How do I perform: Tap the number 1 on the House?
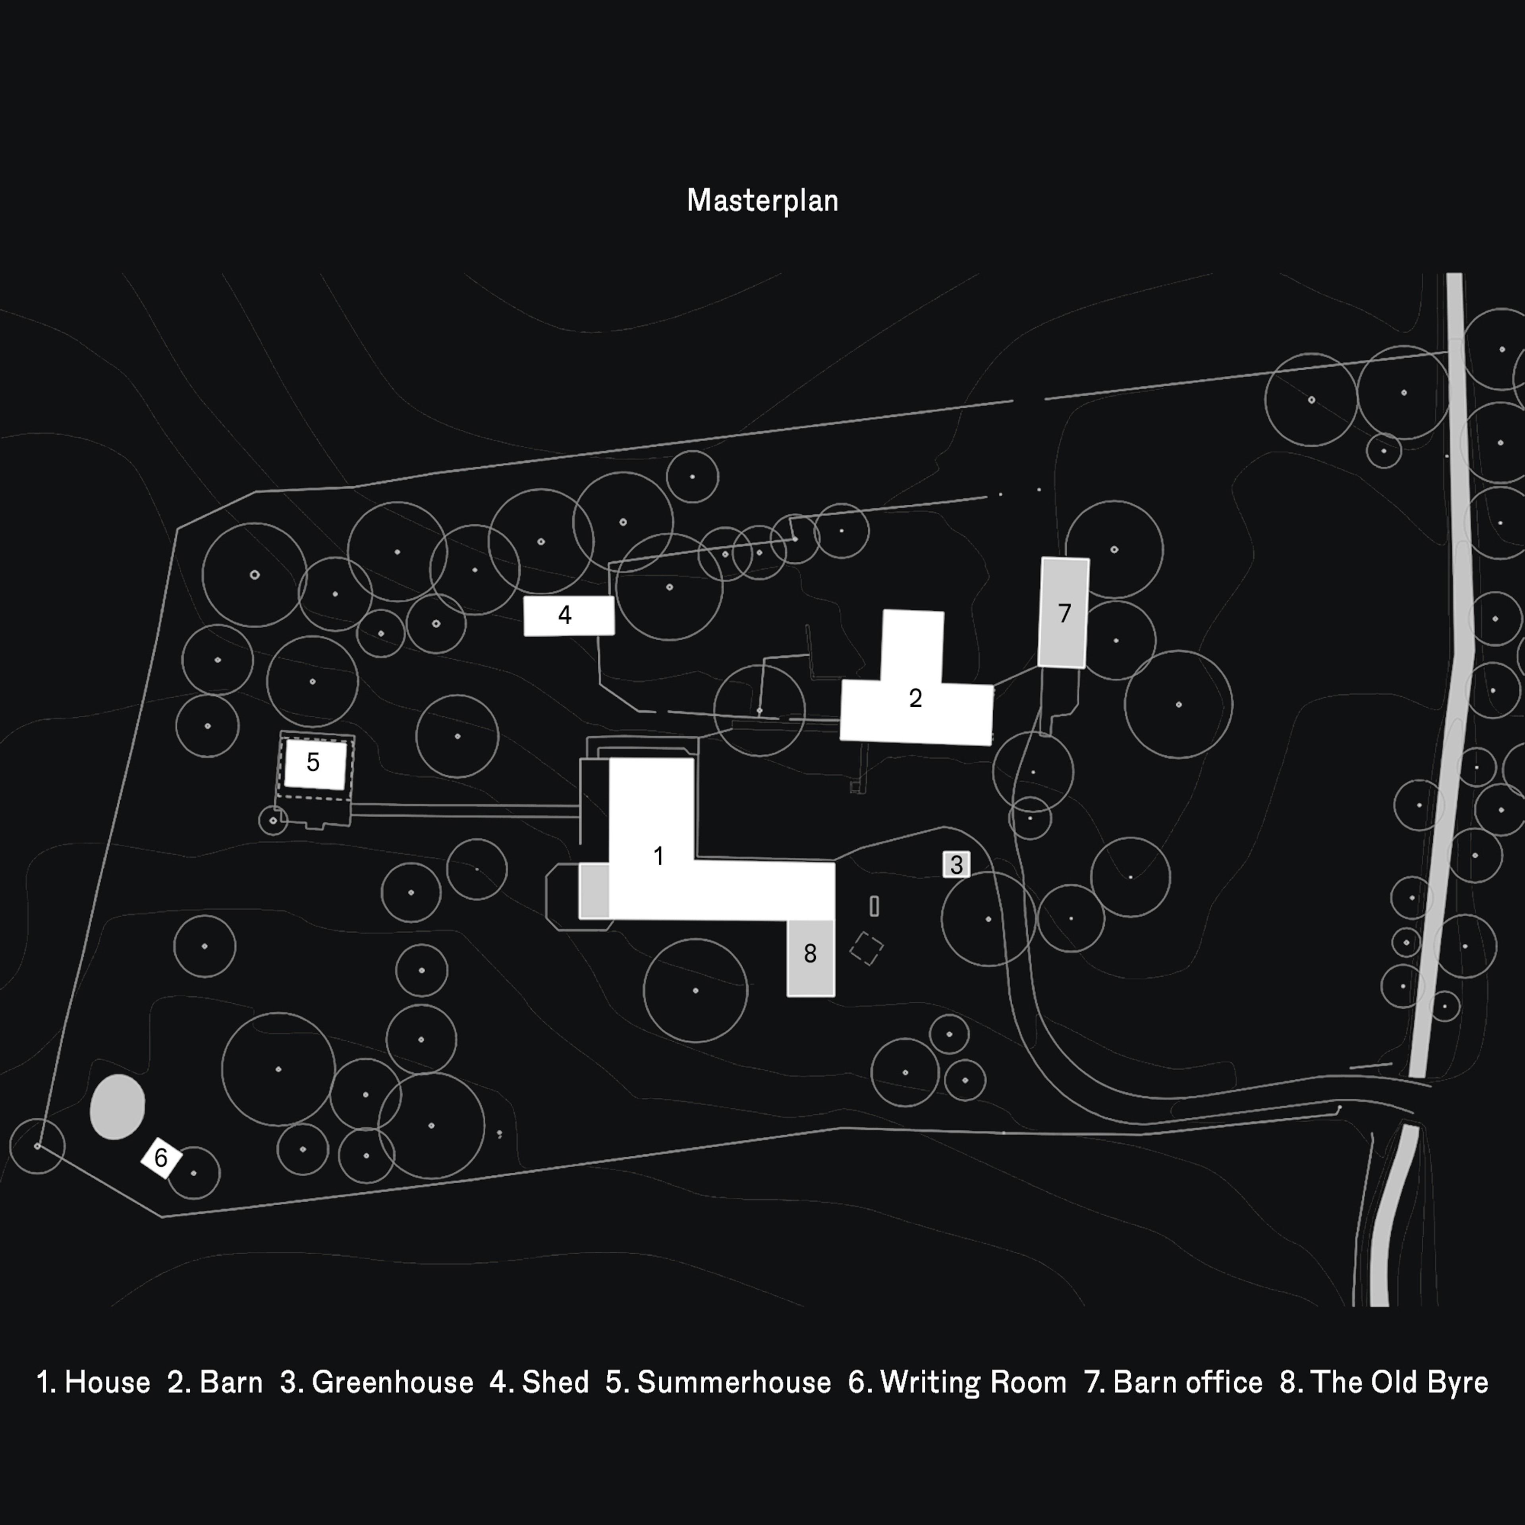tap(658, 856)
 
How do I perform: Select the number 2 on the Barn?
tap(915, 698)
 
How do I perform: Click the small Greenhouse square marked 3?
tap(956, 864)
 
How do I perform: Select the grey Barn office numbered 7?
tap(1063, 612)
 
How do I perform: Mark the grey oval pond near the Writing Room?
tap(118, 1107)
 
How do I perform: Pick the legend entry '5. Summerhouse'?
tap(718, 1382)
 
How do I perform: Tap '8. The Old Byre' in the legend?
tap(1384, 1382)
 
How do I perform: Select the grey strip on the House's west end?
tap(595, 890)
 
